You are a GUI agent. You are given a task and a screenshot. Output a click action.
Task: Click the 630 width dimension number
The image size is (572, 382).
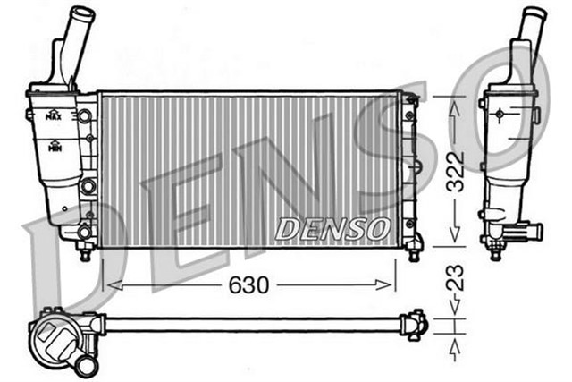pyautogui.click(x=249, y=285)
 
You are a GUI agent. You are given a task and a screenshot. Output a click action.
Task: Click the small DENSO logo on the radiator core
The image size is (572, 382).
pyautogui.click(x=332, y=230)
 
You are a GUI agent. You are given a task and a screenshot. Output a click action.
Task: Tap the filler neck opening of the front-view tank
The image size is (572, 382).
pyautogui.click(x=82, y=14)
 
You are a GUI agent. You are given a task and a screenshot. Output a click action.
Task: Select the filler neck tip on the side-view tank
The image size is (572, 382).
pyautogui.click(x=534, y=14)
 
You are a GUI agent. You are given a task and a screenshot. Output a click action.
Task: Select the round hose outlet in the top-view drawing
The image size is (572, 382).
pyautogui.click(x=85, y=365)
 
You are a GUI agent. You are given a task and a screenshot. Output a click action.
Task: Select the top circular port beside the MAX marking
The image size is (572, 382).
pyautogui.click(x=86, y=116)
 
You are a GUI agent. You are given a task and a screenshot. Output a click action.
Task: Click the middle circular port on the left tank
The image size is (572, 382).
pyautogui.click(x=88, y=185)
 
